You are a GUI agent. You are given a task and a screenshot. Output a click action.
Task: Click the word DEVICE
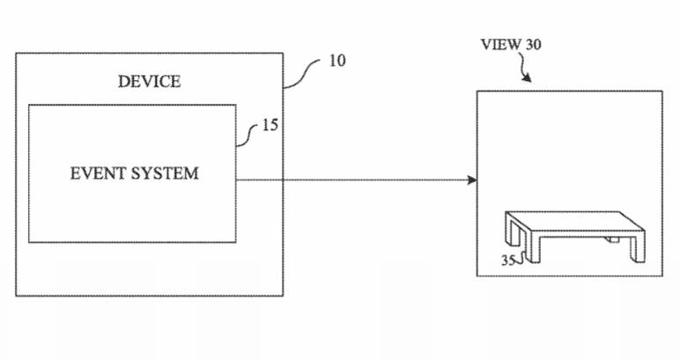coord(149,82)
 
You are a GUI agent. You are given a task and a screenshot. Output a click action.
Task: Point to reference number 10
coord(337,61)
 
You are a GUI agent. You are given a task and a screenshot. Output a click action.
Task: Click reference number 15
coord(270,125)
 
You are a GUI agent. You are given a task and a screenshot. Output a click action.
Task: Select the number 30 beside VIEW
coord(534,44)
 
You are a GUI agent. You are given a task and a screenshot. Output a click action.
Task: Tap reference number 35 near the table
coord(508,260)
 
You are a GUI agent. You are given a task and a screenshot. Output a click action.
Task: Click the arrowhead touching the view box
coord(472,180)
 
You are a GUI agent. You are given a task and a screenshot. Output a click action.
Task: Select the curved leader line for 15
coord(248,136)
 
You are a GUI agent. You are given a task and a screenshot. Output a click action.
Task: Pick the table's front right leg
coord(638,248)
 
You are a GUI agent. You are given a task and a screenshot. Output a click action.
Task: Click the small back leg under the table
coord(612,239)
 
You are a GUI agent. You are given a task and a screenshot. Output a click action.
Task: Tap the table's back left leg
coord(513,227)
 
